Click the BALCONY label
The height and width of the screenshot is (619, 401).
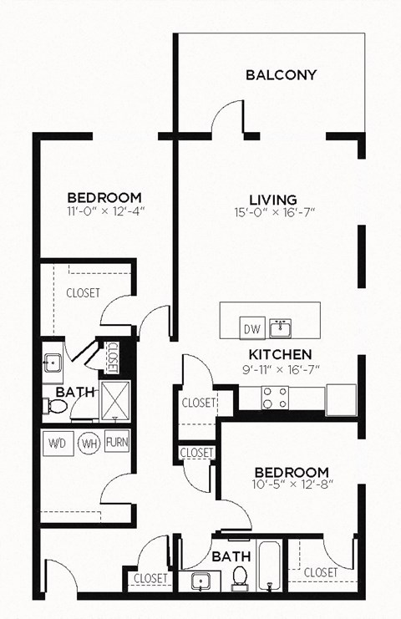282,75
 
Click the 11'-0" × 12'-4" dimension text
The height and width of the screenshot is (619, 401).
106,211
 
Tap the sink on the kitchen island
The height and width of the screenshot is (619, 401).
284,326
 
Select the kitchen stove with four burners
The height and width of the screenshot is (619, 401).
276,398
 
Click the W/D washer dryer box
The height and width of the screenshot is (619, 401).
58,442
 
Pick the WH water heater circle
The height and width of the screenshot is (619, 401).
89,443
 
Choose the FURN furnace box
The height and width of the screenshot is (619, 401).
117,442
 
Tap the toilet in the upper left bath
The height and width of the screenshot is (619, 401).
55,406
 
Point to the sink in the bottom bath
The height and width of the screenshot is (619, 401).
200,580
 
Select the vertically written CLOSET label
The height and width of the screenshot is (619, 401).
112,357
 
